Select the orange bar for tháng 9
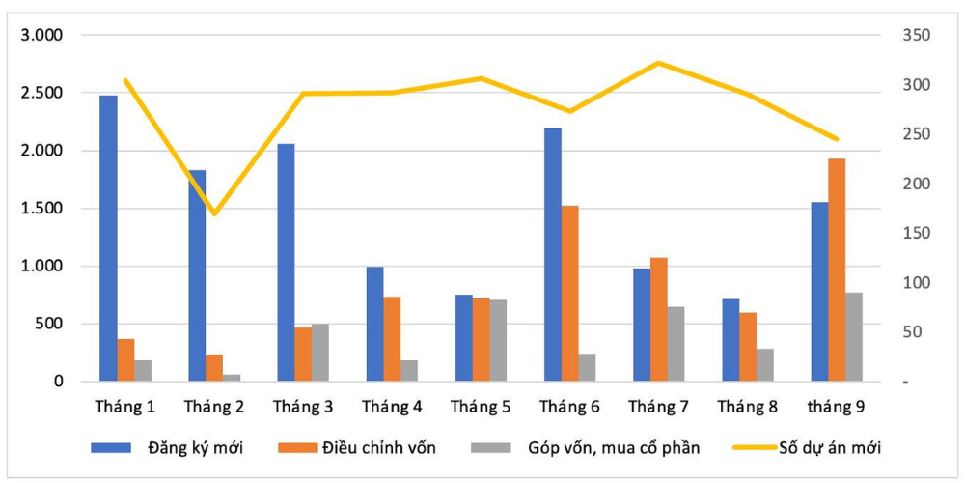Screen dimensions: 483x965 click(837, 270)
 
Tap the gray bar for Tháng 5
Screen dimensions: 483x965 click(498, 341)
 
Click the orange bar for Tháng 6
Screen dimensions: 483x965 click(569, 294)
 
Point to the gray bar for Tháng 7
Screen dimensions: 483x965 click(675, 345)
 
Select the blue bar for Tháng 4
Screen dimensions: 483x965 click(374, 325)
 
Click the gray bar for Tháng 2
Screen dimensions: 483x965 click(232, 378)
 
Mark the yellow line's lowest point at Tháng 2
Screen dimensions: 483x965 click(214, 213)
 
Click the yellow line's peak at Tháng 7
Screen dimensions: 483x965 click(658, 63)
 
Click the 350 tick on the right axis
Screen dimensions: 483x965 click(914, 36)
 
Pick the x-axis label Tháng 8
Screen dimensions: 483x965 click(747, 407)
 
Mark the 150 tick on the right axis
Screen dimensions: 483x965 click(914, 234)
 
